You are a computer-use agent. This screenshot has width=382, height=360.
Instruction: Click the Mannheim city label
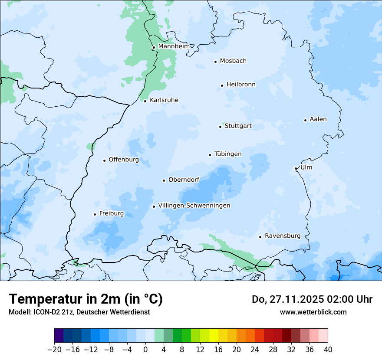click(x=174, y=46)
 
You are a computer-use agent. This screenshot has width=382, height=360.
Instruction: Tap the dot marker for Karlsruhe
click(x=145, y=101)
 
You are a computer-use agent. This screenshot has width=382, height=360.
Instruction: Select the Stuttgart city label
click(x=238, y=126)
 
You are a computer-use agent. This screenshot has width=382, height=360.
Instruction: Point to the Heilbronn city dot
click(x=222, y=85)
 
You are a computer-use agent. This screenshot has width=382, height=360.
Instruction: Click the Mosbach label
click(x=233, y=61)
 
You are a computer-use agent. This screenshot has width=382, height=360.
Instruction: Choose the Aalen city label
click(x=318, y=119)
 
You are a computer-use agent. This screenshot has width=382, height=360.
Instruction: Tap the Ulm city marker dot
click(x=296, y=168)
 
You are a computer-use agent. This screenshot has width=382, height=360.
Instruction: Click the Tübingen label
click(x=228, y=154)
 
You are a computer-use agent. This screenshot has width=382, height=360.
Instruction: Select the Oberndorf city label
click(x=184, y=180)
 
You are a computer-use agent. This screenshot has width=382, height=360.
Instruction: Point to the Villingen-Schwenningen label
click(x=194, y=206)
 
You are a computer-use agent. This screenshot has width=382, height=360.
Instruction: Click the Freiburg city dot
click(x=95, y=214)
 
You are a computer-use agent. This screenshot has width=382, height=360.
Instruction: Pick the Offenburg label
click(x=124, y=160)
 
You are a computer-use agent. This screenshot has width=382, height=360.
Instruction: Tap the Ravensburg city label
click(x=283, y=236)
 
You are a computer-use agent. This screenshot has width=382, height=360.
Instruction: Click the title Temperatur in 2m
click(x=86, y=299)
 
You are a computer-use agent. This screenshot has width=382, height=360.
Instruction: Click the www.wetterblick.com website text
click(x=313, y=312)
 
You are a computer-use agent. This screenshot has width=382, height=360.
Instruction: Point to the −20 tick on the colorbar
click(x=54, y=349)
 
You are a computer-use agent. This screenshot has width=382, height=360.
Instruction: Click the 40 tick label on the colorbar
click(x=328, y=349)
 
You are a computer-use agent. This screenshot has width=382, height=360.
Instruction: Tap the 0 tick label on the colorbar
click(x=145, y=349)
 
